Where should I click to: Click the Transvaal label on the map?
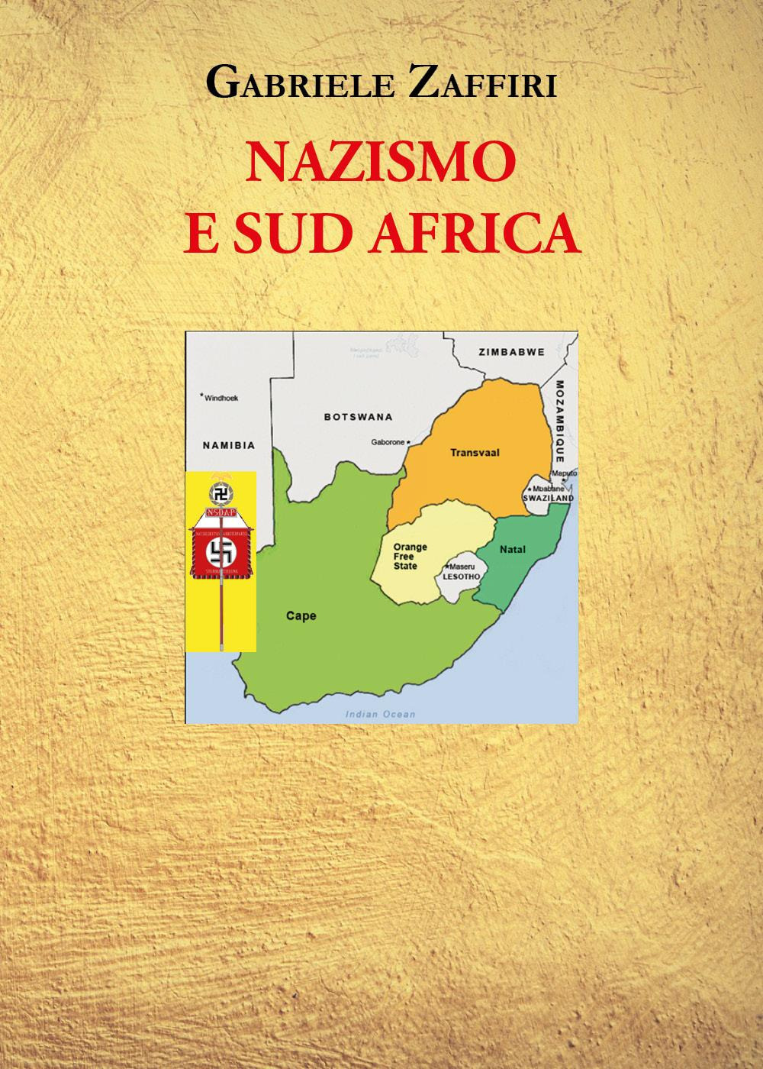click(474, 452)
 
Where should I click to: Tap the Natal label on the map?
click(513, 549)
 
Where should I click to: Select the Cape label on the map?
click(301, 615)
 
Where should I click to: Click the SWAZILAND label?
click(548, 497)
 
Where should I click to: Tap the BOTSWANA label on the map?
click(358, 417)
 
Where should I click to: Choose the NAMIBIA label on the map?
click(228, 445)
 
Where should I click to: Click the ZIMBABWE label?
click(511, 352)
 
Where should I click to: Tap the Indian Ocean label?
click(380, 714)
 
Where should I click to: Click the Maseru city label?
click(461, 567)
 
